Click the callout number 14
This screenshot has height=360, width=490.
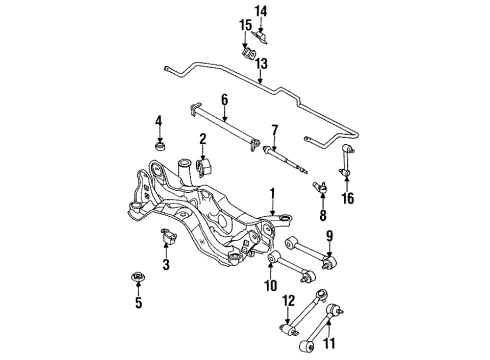(261, 12)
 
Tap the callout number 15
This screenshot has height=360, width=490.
(245, 25)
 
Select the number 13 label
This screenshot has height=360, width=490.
(262, 63)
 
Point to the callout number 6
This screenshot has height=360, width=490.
(224, 100)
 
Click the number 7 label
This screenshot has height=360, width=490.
(274, 130)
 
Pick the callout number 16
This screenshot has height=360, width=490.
(347, 198)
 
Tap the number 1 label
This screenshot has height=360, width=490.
(273, 194)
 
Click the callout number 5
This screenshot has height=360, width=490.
(138, 302)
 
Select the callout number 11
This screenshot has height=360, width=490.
(329, 343)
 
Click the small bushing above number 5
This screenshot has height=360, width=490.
(137, 277)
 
